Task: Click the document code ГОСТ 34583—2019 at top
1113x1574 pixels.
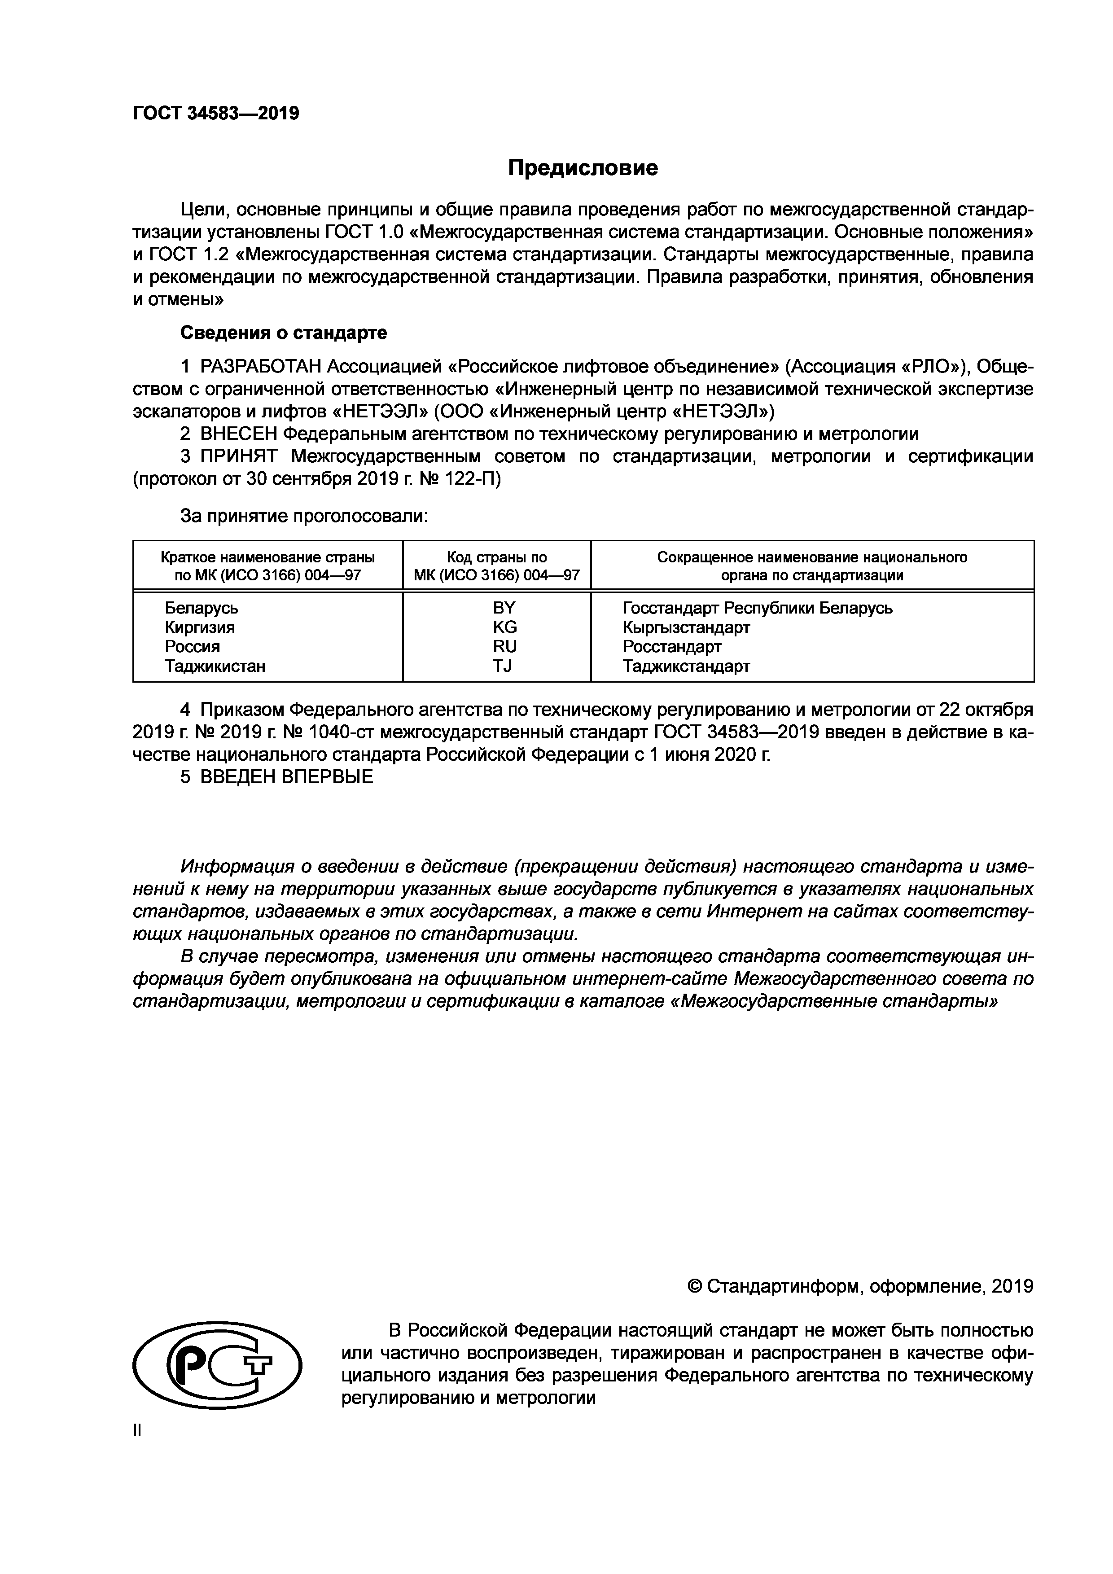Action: [216, 113]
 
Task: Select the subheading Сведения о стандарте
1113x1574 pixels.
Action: [283, 333]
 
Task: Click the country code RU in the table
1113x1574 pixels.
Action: [504, 646]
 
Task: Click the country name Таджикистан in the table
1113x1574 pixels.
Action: [215, 666]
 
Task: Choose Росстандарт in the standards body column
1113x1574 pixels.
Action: [672, 646]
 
